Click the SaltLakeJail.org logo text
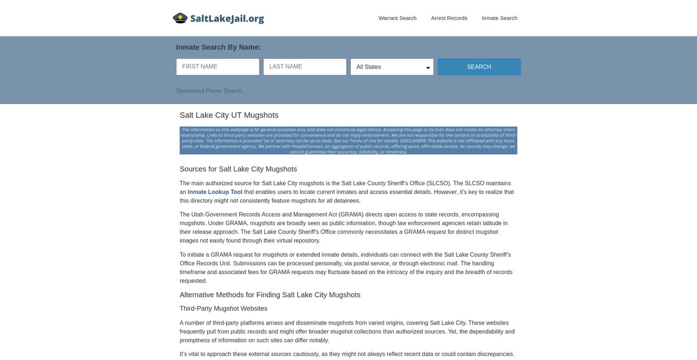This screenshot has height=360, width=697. pos(227,19)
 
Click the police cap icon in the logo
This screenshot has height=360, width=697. pos(180,18)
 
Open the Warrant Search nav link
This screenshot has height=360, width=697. pos(397,18)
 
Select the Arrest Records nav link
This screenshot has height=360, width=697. pos(449,18)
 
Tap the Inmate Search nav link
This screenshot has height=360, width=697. pos(500,18)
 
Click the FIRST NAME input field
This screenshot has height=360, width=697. pos(218,67)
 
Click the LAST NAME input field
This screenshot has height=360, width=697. pos(305,67)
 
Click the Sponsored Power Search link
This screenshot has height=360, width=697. pos(210,91)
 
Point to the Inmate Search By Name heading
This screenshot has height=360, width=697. pos(218,47)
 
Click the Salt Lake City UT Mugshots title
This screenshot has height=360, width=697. pos(229,115)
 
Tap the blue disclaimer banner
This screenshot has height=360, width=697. pos(348,141)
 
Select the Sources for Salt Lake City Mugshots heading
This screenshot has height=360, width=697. pos(238,169)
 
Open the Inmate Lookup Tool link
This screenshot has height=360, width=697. pos(215,192)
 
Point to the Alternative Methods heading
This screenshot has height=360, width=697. pos(270,295)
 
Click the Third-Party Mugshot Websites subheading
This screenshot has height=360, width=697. pos(224,308)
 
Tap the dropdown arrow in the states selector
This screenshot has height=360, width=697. pos(428,68)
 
